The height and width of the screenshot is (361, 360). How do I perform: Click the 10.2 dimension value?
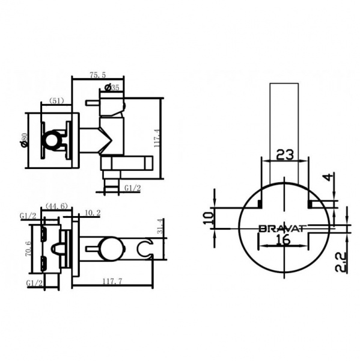point(93,212)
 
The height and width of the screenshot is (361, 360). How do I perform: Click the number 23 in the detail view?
point(285,155)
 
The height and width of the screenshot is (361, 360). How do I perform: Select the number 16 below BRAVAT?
point(284,240)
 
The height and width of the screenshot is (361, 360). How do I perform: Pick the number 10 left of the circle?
point(208,217)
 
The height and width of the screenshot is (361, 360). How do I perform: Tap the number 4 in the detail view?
point(328,177)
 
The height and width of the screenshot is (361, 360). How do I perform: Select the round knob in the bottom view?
point(109,248)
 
